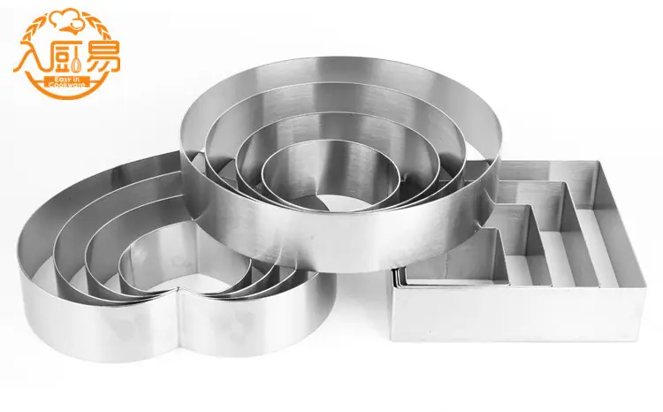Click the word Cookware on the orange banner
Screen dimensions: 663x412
66,85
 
